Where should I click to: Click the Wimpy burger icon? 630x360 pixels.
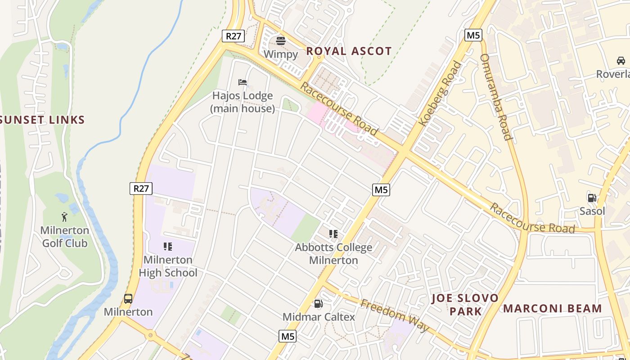click(281, 41)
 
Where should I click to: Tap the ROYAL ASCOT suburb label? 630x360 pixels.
click(349, 51)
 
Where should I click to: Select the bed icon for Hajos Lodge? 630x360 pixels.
click(243, 82)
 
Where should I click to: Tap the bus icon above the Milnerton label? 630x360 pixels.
click(128, 298)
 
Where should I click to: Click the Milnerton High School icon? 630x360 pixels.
click(168, 246)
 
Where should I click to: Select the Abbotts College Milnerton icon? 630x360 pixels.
click(333, 234)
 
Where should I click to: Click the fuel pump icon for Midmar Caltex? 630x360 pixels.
click(318, 304)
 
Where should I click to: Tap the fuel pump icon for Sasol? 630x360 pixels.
click(592, 198)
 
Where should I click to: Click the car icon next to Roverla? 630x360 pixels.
click(621, 60)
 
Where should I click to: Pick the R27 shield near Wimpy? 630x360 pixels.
click(233, 36)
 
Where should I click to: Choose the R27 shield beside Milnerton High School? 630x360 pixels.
click(141, 188)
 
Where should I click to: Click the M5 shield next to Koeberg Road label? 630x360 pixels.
click(473, 35)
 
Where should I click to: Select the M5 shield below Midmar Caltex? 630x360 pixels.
click(288, 336)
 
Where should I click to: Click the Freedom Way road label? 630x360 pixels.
click(395, 315)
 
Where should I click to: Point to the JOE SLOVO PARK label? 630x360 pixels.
click(465, 305)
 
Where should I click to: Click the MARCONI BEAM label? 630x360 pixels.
click(552, 309)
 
